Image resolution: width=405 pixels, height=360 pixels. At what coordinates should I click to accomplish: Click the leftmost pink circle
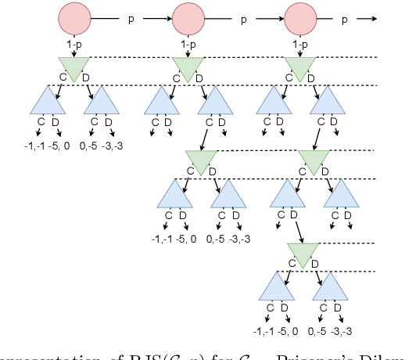tap(75, 18)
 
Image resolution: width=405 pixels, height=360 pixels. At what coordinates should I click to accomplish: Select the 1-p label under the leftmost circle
tap(75, 46)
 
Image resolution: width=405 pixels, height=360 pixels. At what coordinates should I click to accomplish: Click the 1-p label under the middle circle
tap(188, 46)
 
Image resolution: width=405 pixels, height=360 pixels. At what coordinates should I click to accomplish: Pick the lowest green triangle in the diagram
tap(302, 252)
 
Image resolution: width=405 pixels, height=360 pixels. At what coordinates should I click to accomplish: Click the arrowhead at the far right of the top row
tap(371, 18)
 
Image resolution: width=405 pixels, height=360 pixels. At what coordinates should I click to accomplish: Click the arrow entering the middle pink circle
tap(156, 18)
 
